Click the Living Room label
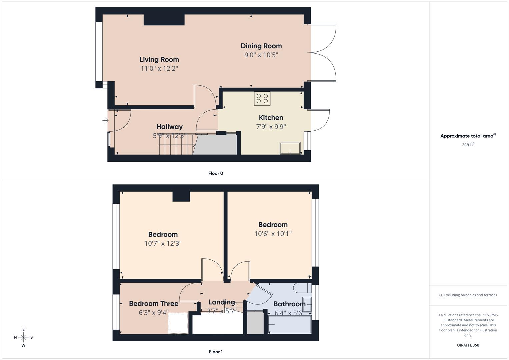click(159, 60)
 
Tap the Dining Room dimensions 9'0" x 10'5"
click(261, 55)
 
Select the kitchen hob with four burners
click(262, 98)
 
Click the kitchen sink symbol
click(290, 148)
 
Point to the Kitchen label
click(271, 118)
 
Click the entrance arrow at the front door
click(105, 121)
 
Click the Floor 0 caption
click(216, 173)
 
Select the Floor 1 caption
click(216, 352)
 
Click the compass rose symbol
click(23, 337)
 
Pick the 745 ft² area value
click(468, 145)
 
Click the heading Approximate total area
click(468, 136)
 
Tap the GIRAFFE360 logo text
click(468, 345)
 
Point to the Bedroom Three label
click(154, 304)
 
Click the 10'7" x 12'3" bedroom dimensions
click(163, 244)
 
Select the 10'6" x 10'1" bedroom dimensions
click(273, 234)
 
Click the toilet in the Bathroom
click(302, 288)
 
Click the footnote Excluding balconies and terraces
click(468, 295)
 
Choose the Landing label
click(221, 302)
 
